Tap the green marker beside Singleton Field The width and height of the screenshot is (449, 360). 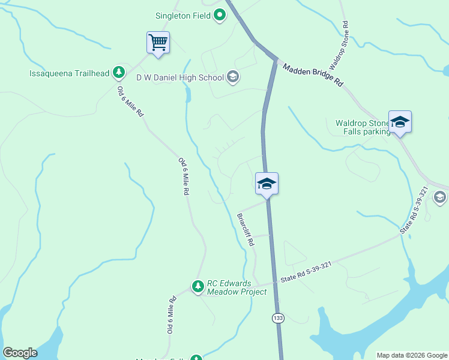pos(220,15)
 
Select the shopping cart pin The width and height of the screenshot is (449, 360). pos(158,43)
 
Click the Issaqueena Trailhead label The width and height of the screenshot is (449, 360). pos(70,74)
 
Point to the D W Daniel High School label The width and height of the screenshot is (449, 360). pos(180,77)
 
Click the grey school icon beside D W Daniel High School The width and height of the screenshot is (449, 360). pos(233,77)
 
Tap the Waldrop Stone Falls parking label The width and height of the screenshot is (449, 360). pos(363,127)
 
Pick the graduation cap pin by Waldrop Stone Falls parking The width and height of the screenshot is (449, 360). pos(400,122)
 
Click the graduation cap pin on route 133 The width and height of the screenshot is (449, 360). pos(267,184)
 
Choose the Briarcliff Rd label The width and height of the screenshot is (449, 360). pos(246,230)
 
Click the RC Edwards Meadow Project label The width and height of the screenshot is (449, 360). pos(237,288)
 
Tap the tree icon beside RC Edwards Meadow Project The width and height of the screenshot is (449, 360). pos(198,287)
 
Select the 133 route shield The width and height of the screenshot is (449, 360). pos(277,317)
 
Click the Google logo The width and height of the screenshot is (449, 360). pos(20,353)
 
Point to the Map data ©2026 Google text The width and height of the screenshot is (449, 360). pos(412,355)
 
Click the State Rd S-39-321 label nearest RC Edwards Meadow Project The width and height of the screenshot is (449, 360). pos(306,272)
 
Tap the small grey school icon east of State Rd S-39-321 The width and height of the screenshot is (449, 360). pos(439,197)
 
